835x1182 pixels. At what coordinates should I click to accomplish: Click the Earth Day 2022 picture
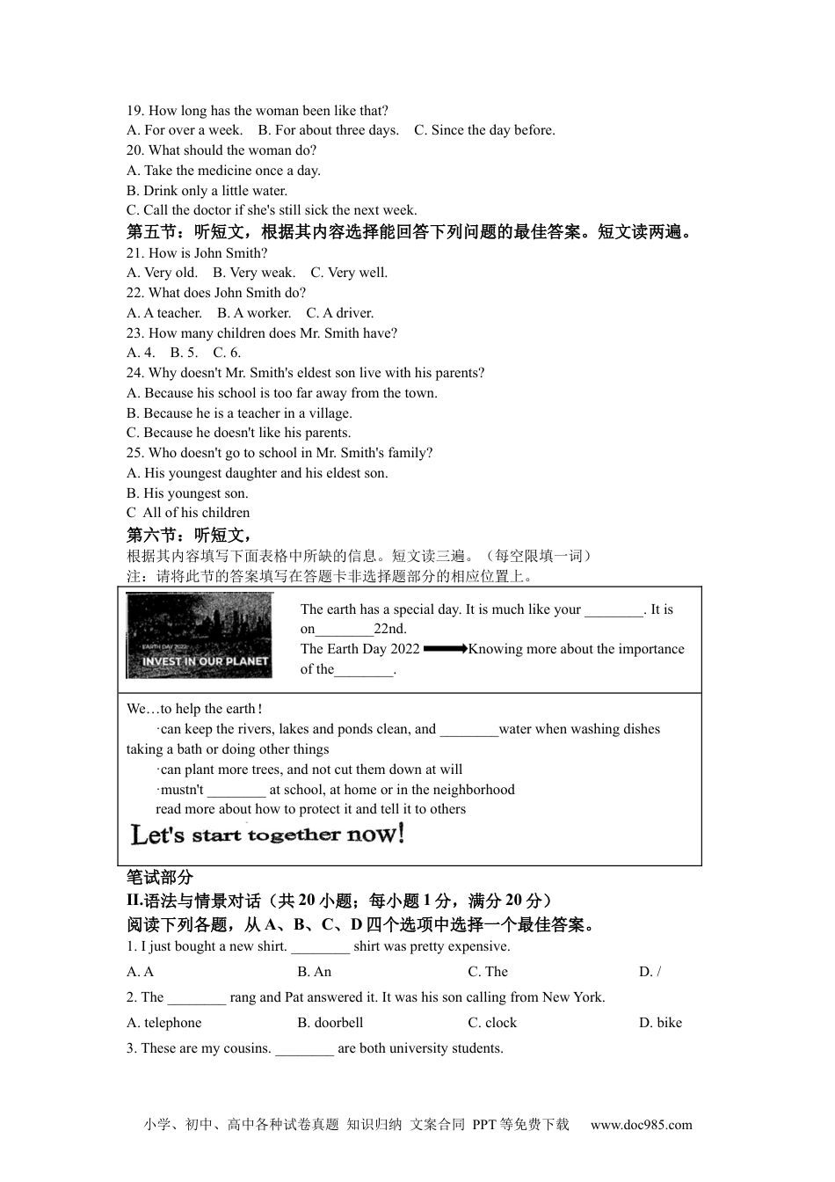(199, 636)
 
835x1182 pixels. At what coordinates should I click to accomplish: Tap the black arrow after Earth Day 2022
(445, 649)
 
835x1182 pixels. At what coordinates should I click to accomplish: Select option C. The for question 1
(488, 972)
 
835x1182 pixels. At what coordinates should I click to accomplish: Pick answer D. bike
(660, 1023)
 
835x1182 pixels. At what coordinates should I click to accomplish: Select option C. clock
(492, 1023)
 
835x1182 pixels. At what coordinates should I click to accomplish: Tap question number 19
(135, 111)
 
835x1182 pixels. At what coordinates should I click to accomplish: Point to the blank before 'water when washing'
(468, 730)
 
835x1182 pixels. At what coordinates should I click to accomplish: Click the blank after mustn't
(236, 791)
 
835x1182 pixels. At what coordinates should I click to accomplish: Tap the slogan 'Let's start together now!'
(267, 834)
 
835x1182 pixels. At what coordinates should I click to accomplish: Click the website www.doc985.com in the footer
(641, 1124)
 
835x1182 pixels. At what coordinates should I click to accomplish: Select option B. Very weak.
(254, 273)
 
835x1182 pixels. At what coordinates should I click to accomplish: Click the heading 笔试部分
(159, 877)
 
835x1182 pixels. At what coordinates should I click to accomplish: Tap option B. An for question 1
(314, 972)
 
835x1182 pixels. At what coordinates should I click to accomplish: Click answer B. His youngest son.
(187, 493)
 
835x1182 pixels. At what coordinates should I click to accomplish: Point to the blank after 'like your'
(614, 610)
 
